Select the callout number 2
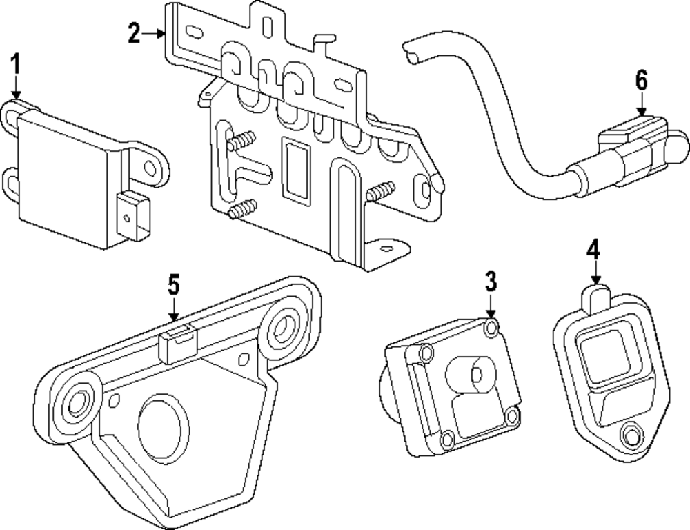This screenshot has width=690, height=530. [134, 32]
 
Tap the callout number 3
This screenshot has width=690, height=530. [490, 281]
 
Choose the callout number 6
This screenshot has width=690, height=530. [642, 81]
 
